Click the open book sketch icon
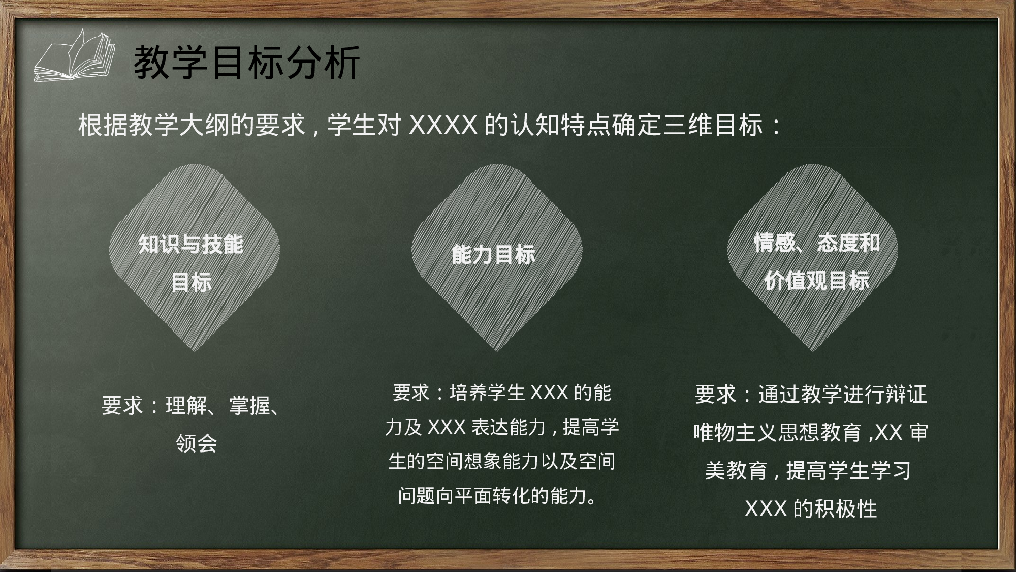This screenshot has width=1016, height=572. coord(74,56)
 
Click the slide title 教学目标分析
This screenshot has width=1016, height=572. coord(247,63)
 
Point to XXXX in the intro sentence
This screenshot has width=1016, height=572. coord(443,125)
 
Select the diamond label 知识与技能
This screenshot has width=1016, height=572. coord(191,245)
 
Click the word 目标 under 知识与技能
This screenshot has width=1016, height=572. coord(191,283)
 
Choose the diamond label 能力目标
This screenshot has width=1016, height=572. coord(493,254)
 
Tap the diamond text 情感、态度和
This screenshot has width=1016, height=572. coord(816,243)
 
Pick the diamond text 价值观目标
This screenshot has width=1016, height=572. coord(816,281)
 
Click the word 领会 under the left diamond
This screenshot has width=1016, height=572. coord(197,443)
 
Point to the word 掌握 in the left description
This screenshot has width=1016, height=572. coord(249,406)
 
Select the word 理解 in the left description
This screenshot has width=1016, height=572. coord(186,406)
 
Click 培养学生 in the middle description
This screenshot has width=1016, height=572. coord(487,393)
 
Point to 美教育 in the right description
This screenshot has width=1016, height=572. coord(736,471)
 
